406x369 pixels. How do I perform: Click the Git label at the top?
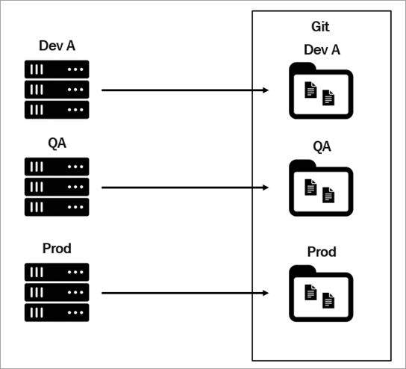320,26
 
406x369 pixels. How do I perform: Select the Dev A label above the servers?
57,46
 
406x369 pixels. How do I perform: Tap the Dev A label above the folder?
322,50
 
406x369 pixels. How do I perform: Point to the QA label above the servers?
57,143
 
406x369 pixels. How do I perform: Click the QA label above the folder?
322,146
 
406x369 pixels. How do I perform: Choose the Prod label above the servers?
57,248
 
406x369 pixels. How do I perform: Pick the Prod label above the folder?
322,252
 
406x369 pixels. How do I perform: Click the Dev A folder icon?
321,90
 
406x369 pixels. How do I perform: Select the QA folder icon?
321,188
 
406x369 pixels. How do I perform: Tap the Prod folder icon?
321,294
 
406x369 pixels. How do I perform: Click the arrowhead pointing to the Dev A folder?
266,90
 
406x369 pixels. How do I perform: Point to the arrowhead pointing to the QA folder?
266,187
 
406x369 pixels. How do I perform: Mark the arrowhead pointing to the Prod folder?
266,293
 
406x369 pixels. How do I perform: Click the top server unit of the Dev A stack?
57,69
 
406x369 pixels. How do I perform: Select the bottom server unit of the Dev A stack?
57,110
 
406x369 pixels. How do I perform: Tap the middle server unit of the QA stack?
57,187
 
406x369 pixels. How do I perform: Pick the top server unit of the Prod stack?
57,272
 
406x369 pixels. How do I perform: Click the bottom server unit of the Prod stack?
57,312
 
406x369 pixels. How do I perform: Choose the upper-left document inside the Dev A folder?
310,90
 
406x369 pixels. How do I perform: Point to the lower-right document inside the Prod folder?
328,300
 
